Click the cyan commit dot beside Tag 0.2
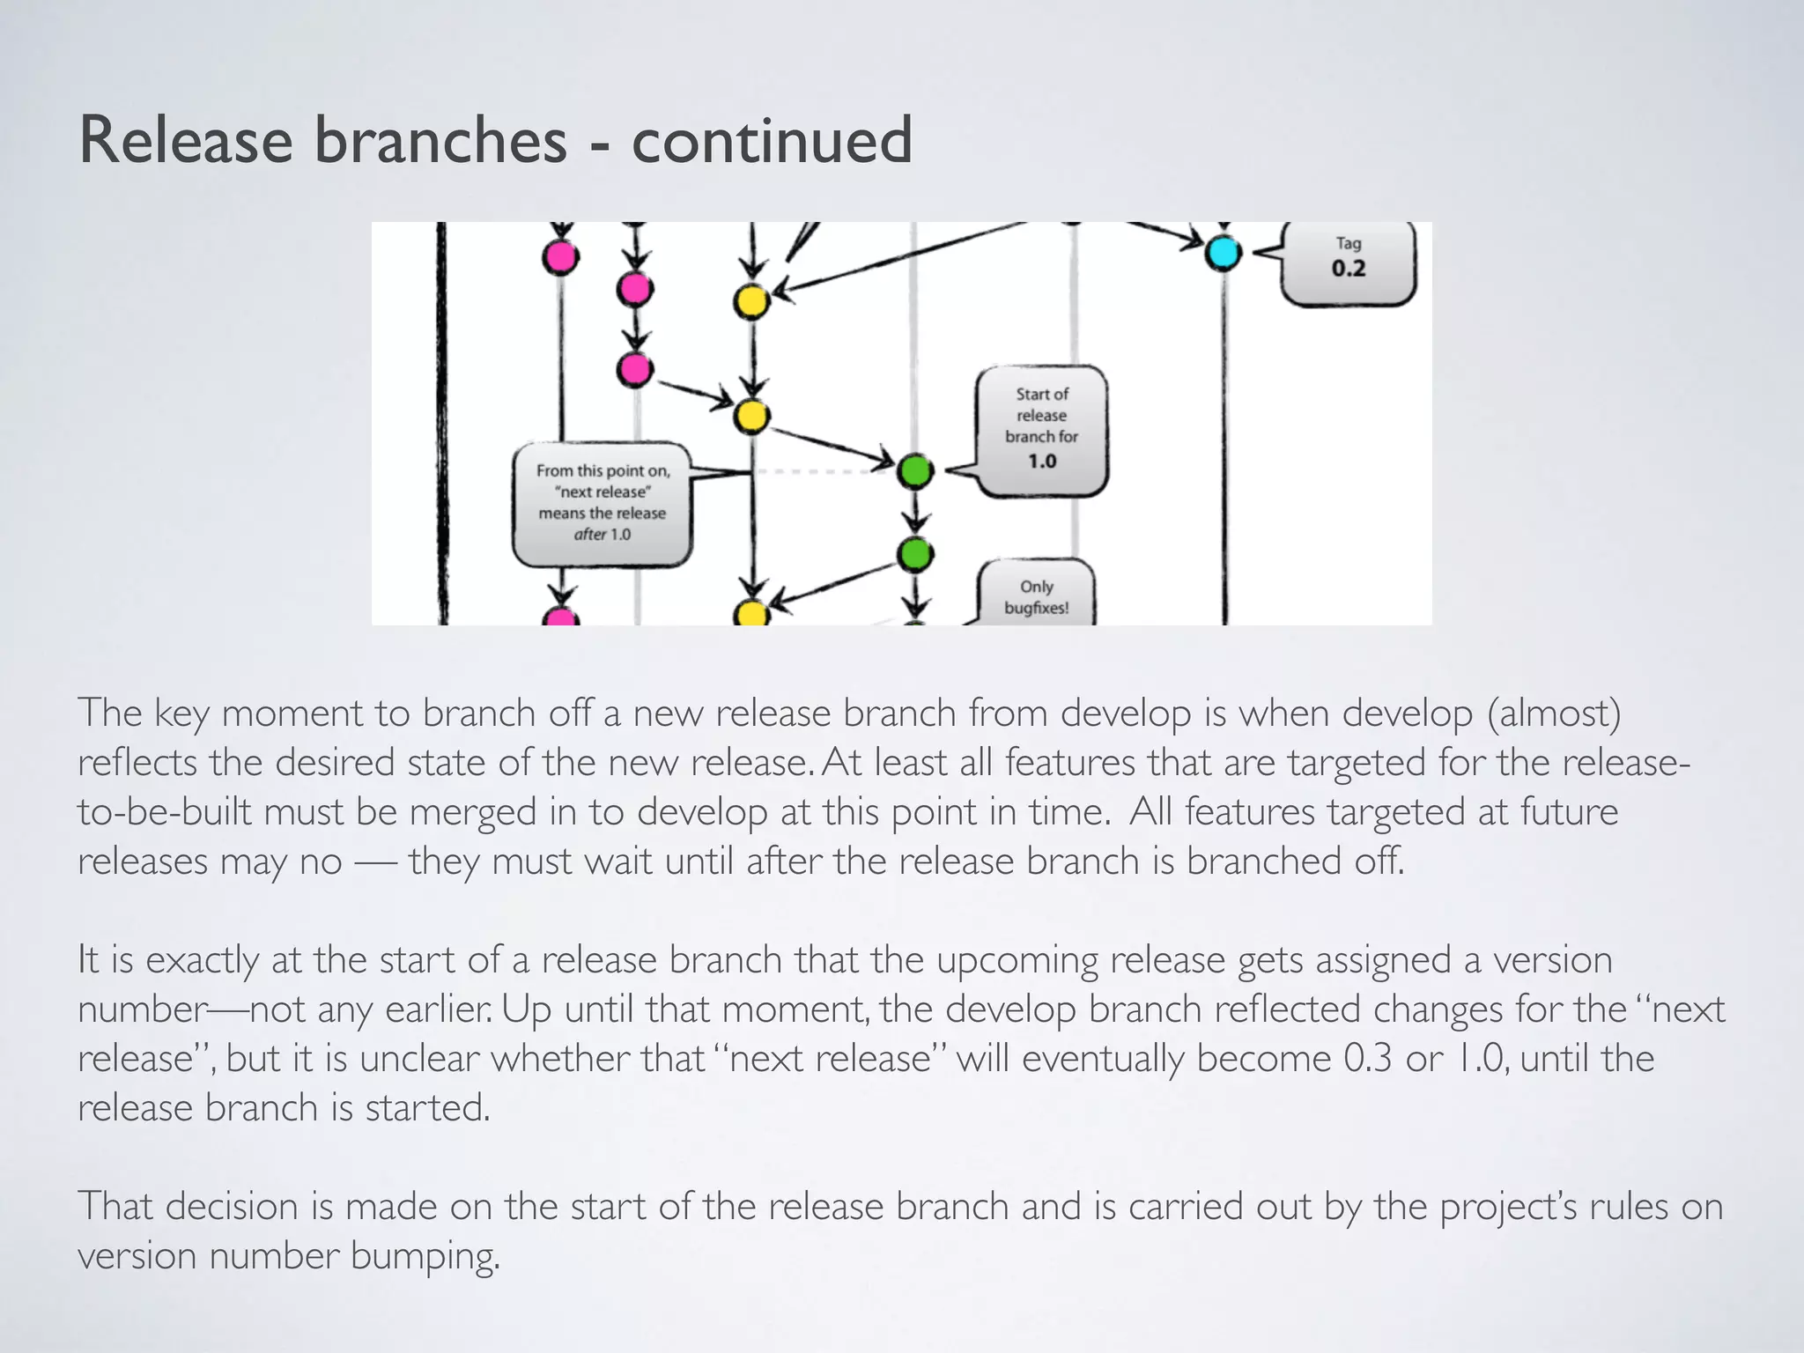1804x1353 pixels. click(x=1223, y=253)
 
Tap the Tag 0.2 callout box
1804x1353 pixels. click(x=1348, y=262)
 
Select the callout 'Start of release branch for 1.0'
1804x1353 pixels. click(x=1041, y=430)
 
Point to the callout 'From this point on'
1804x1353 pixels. click(x=603, y=503)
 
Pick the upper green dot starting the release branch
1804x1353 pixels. click(x=915, y=471)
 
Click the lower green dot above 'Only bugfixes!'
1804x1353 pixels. click(x=915, y=554)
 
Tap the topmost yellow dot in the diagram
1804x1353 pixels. click(x=751, y=302)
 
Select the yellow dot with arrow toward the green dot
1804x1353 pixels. click(x=751, y=416)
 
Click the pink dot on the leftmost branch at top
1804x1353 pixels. click(x=560, y=257)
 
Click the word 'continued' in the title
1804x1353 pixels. click(x=772, y=141)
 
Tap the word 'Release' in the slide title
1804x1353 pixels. click(x=186, y=141)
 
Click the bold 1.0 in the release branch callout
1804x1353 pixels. click(x=1041, y=462)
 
